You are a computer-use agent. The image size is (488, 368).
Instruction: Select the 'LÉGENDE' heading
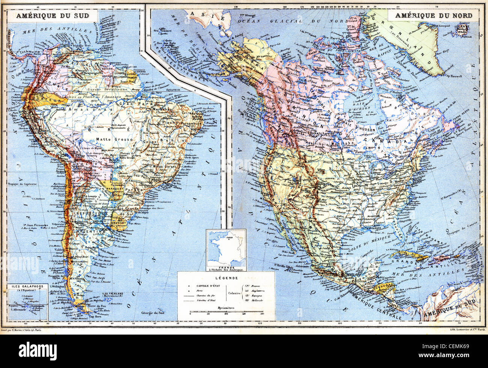[x=226, y=278]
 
